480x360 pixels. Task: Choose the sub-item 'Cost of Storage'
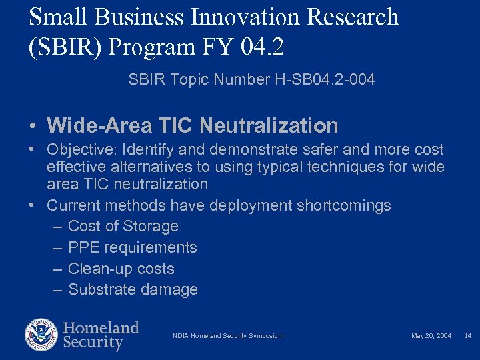123,226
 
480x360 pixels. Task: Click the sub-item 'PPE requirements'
133,247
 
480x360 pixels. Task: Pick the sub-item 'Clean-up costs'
121,269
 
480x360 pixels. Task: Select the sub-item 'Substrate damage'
133,289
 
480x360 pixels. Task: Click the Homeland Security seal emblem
41,335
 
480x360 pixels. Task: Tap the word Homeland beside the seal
101,328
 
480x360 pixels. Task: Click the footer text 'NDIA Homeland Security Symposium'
228,336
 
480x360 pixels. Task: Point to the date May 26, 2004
431,336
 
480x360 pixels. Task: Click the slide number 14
467,336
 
